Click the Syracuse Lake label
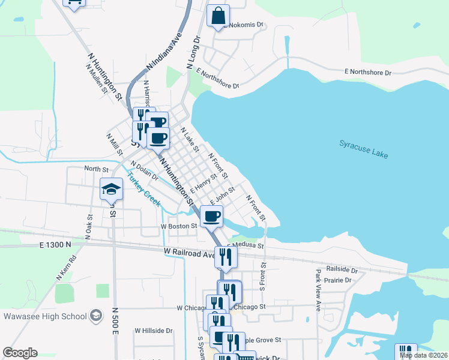(x=364, y=149)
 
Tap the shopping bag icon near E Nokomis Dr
(x=218, y=16)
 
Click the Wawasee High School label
(x=46, y=316)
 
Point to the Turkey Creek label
(x=143, y=190)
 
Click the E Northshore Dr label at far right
(x=367, y=72)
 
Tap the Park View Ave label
(x=318, y=289)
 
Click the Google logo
(x=20, y=353)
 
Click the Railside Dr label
(x=342, y=269)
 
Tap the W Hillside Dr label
(x=153, y=331)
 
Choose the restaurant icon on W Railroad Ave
(x=226, y=257)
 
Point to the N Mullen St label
(x=97, y=79)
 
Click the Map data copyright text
(x=423, y=355)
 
